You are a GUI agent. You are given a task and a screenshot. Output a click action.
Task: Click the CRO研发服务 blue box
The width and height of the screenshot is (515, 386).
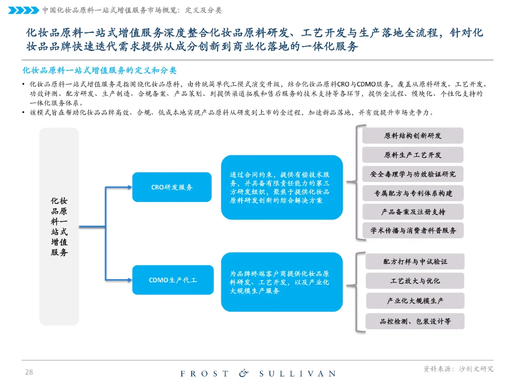click(172, 187)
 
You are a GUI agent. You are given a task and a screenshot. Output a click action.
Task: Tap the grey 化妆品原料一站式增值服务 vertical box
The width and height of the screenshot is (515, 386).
click(59, 227)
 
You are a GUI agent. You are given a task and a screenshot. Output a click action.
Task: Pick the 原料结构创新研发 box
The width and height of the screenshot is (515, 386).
click(412, 136)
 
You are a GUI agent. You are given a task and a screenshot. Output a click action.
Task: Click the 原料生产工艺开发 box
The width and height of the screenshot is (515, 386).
click(412, 155)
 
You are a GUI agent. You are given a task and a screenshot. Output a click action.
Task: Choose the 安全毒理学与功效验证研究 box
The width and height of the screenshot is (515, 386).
click(412, 174)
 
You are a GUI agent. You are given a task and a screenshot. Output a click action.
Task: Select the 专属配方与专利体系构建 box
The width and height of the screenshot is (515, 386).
click(412, 193)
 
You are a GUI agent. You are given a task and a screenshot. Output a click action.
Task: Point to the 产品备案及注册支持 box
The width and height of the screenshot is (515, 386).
click(412, 212)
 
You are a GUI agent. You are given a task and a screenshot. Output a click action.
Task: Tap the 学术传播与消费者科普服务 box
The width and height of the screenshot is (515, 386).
click(412, 231)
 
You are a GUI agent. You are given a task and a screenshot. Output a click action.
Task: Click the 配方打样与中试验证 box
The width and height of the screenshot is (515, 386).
click(415, 262)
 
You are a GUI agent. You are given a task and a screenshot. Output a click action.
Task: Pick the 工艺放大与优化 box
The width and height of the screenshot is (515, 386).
click(415, 281)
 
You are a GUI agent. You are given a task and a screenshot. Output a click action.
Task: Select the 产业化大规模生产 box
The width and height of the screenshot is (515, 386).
click(415, 301)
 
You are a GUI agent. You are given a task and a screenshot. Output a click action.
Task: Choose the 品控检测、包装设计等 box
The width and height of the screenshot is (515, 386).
click(415, 321)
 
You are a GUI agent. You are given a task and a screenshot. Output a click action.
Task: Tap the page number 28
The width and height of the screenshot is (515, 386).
click(29, 372)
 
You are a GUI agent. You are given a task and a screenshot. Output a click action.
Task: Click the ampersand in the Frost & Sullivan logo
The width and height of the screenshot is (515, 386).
click(244, 374)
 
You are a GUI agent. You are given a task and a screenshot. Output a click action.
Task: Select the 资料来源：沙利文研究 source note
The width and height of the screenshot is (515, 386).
click(458, 369)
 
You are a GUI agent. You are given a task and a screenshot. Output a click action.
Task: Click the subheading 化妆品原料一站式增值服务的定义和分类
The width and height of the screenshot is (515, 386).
click(100, 71)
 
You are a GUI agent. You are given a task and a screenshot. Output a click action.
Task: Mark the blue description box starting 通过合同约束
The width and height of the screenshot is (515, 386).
click(282, 187)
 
